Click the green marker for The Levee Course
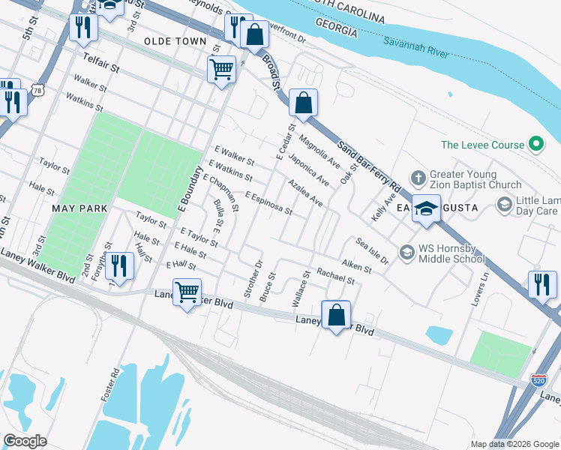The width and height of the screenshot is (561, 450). [536, 145]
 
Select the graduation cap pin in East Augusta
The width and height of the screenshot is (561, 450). [426, 209]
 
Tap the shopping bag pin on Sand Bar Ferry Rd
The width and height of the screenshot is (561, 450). [303, 103]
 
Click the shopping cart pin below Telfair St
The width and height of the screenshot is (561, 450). [222, 70]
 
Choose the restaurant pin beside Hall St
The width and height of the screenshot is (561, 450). [118, 266]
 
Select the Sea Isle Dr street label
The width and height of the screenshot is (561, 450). [372, 250]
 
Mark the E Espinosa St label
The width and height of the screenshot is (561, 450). [268, 202]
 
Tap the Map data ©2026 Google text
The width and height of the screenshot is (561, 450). [514, 444]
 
